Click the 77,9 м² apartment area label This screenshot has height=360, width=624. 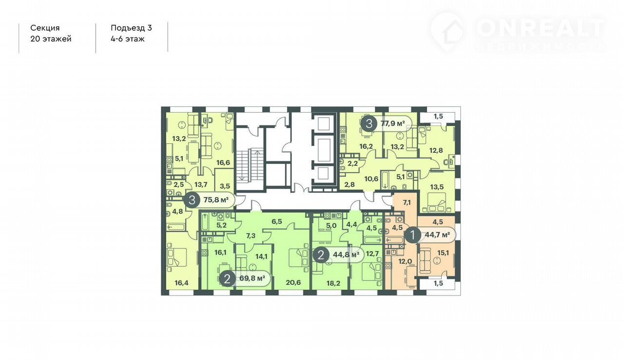click(392, 123)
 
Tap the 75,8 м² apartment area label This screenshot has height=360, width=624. click(216, 200)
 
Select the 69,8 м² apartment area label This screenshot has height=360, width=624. click(252, 278)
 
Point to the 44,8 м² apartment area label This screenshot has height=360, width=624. click(346, 255)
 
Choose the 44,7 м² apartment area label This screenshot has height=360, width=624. click(437, 235)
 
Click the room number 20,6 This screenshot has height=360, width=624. click(293, 282)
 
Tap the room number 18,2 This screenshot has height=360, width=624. click(333, 283)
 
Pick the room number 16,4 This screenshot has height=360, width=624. click(181, 283)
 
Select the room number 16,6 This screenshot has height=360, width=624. click(223, 162)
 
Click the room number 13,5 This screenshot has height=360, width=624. click(436, 187)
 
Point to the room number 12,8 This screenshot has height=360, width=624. click(436, 150)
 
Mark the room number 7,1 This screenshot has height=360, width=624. click(407, 202)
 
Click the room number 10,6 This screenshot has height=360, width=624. click(371, 179)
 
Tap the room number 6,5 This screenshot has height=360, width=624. click(276, 221)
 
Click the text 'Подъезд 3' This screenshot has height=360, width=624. click(131, 28)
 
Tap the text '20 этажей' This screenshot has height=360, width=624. click(51, 39)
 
